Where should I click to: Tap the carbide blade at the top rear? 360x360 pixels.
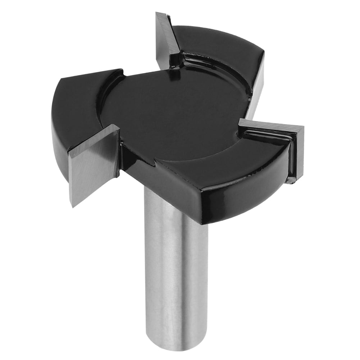(166, 40)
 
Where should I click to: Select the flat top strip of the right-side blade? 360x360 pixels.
(270, 128)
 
